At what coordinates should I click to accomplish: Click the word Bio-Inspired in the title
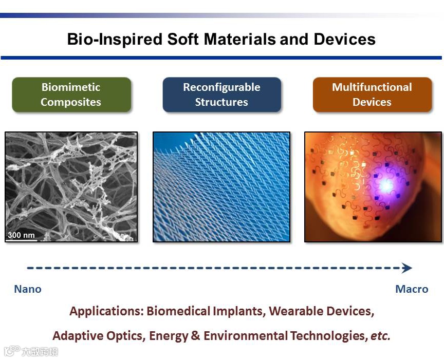pos(115,40)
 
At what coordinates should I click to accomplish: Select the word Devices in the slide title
pos(345,40)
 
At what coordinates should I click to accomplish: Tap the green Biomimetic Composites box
pos(71,94)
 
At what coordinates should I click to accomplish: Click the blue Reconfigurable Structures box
pos(221,94)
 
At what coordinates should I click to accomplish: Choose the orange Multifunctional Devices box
pos(372,94)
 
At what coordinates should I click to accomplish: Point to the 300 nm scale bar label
pos(21,235)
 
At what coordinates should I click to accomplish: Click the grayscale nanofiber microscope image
pos(71,187)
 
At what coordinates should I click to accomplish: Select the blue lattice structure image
pos(221,187)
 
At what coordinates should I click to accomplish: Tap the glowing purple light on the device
pos(385,185)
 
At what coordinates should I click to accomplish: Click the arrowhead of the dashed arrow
pos(407,268)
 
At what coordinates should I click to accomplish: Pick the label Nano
pos(28,289)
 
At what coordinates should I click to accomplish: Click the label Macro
pos(412,289)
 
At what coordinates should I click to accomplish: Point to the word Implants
pos(239,311)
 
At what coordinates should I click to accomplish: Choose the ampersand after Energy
pos(195,336)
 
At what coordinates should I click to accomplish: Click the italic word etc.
pos(381,336)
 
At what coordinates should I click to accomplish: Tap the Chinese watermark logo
pos(31,351)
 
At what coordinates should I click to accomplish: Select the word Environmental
pos(246,336)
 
